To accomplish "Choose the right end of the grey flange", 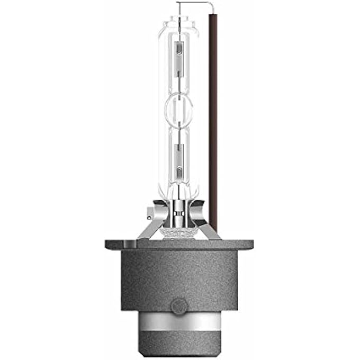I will click(249, 245).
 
